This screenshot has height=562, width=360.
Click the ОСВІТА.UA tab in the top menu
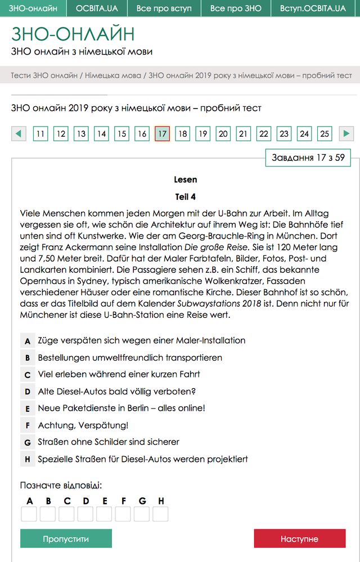[97, 8]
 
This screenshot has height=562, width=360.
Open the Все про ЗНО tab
[236, 8]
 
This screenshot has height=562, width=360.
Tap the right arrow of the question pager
[346, 134]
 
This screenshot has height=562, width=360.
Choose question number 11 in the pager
[40, 134]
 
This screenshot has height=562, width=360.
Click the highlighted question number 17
[162, 134]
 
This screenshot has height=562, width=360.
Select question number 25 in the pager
[325, 134]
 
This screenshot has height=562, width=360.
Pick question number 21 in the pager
[243, 134]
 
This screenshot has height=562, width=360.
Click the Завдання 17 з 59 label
[308, 158]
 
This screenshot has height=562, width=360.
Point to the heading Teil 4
[186, 197]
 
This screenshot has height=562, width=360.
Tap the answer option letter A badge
[27, 341]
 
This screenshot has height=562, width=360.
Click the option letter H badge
[27, 460]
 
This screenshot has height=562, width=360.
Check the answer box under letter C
[66, 514]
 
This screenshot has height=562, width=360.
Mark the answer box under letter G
[142, 514]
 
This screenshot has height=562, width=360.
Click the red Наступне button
[299, 538]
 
